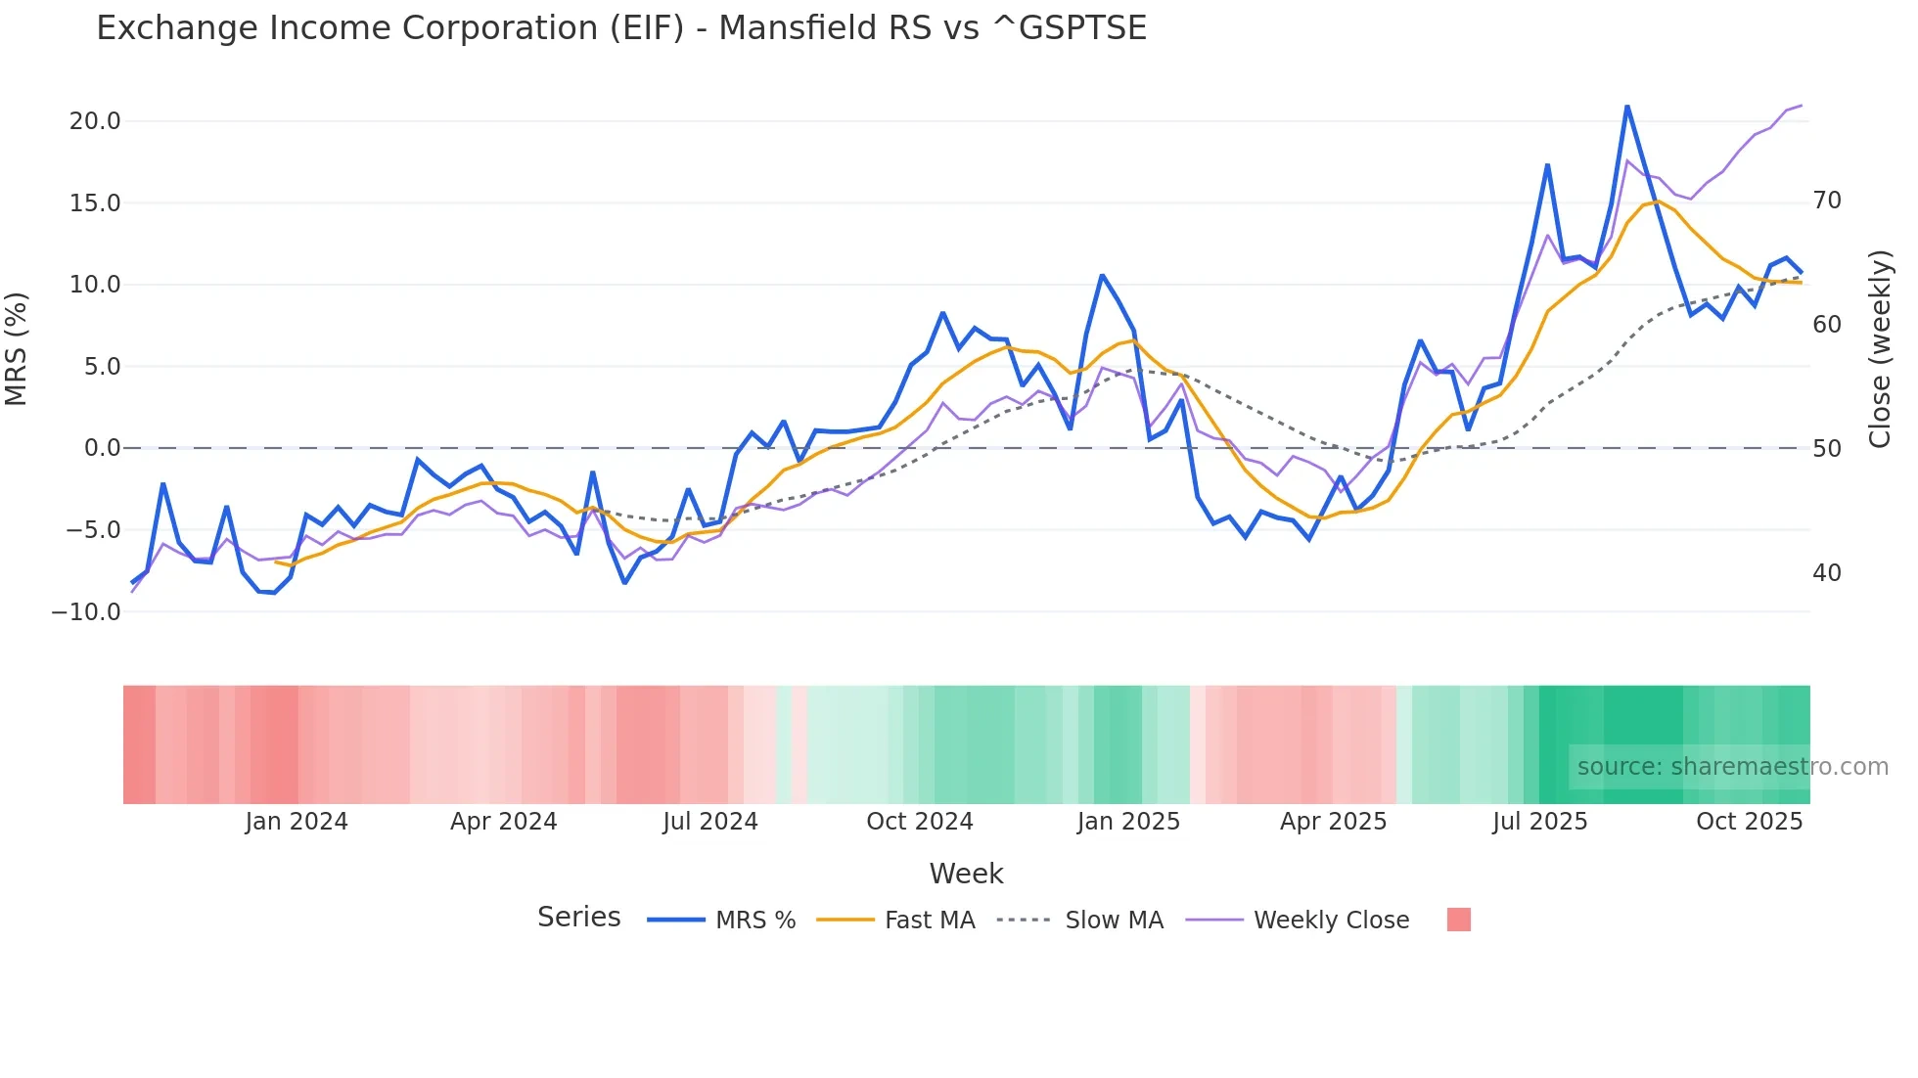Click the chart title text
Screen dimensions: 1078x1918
coord(620,28)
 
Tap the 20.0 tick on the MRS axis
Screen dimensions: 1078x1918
coord(95,121)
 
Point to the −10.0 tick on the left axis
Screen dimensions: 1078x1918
coord(86,612)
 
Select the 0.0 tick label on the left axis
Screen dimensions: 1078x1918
coord(102,448)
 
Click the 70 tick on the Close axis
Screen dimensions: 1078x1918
coord(1826,201)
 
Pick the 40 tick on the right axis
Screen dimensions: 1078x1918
coord(1826,573)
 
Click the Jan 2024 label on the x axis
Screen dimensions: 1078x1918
coord(296,822)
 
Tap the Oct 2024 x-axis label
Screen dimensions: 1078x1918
coord(919,822)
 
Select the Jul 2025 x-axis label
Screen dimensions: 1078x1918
coord(1539,822)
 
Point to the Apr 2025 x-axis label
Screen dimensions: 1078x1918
coord(1333,822)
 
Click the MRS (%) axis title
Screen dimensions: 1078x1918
coord(17,348)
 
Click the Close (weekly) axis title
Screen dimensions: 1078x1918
coord(1879,348)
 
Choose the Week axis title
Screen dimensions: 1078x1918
coord(966,874)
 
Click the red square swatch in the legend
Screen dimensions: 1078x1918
coord(1458,920)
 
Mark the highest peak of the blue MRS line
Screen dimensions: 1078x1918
coord(1626,107)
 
